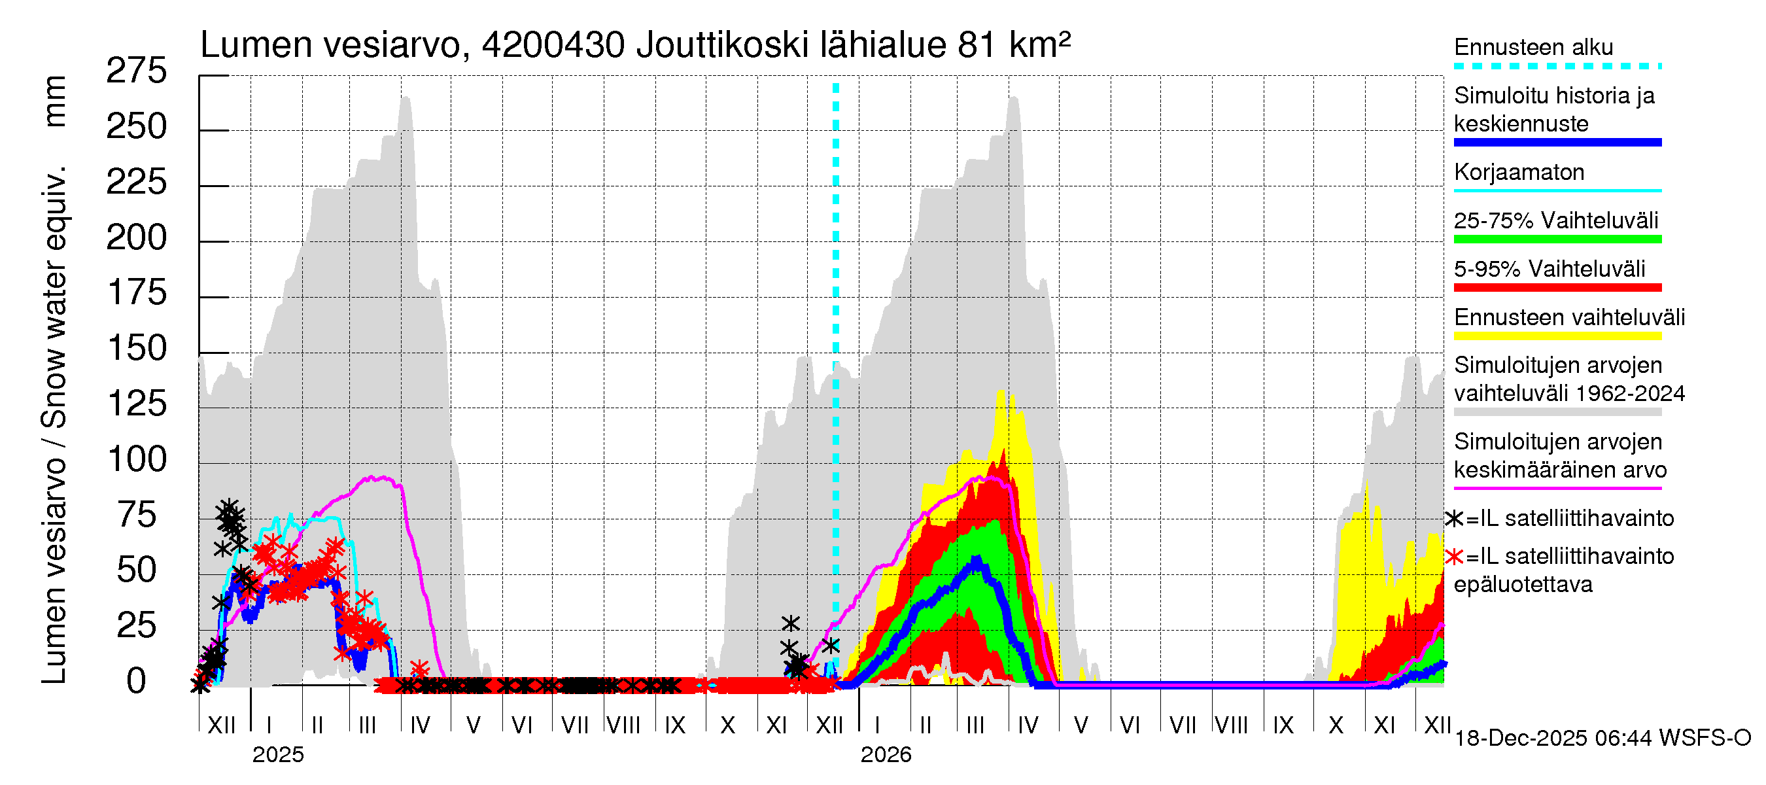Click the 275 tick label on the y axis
coord(136,71)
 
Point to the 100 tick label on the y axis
coord(137,459)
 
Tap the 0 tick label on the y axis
coord(137,681)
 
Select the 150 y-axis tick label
coord(137,348)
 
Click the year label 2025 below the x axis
coord(277,755)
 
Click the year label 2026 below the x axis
coord(886,755)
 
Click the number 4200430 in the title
coord(553,45)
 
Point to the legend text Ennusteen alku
coord(1534,47)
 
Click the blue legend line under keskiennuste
coord(1557,143)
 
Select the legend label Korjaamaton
coord(1519,172)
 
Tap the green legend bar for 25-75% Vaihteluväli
coord(1557,239)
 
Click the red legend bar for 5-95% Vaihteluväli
coord(1557,288)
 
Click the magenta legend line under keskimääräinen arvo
coord(1557,488)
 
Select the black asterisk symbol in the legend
coord(1454,519)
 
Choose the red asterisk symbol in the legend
coord(1454,557)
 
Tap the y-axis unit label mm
coord(55,101)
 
